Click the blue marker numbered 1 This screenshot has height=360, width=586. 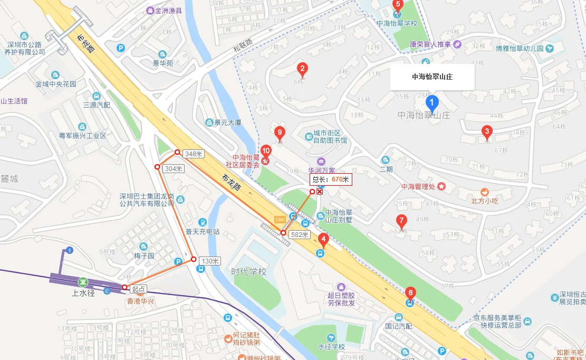coord(432,102)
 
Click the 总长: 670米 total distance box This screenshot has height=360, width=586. coord(331,179)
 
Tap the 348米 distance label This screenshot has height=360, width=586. coord(194,154)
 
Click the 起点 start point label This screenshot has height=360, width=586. coord(139,289)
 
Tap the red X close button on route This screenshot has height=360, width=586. coord(320,192)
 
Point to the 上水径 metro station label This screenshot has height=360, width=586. coord(83,293)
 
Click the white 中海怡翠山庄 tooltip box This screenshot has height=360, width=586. coord(432,77)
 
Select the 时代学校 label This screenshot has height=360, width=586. coord(249,272)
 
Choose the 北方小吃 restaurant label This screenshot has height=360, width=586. coord(485,201)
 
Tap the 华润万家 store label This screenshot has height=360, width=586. coord(322,170)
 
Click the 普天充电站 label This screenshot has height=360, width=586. coord(203,231)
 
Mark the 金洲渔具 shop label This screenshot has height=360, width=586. coord(168,11)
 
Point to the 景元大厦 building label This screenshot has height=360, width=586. coord(227,122)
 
